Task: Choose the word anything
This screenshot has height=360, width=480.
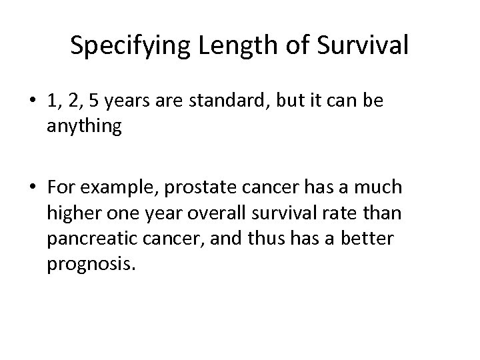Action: coord(84,127)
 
